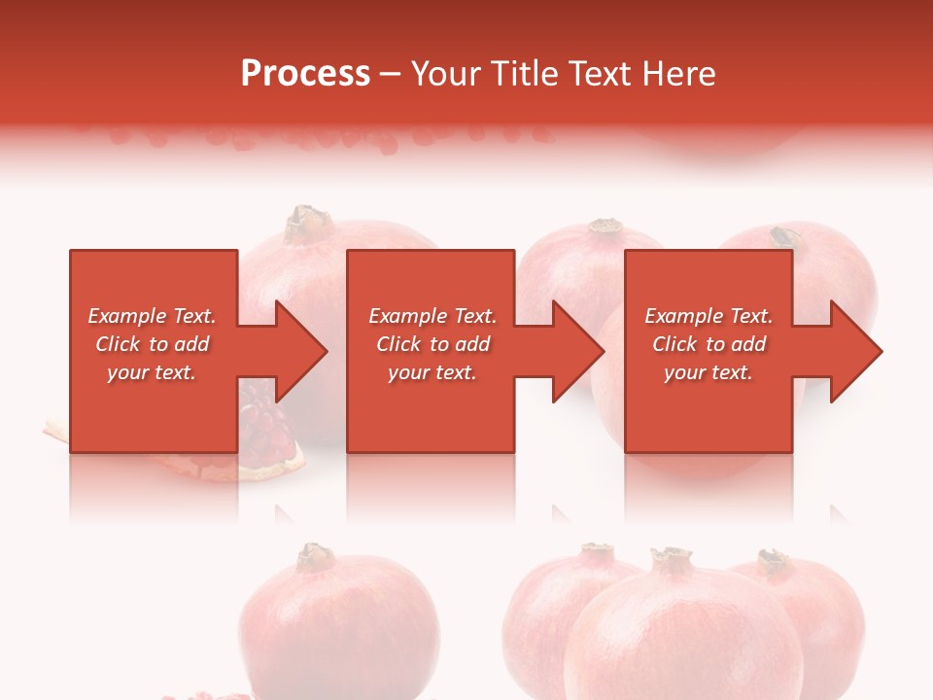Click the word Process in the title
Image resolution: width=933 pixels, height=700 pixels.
[305, 74]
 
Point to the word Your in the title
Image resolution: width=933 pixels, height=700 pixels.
[444, 74]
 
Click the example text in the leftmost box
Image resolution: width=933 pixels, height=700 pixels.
[153, 344]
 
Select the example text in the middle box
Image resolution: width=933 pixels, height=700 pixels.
[432, 344]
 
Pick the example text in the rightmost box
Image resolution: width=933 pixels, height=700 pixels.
[708, 344]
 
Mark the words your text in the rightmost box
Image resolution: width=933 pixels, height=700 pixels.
[708, 372]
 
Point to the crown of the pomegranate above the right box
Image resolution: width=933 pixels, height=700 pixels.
[784, 237]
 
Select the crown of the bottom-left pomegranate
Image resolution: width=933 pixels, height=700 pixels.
[314, 556]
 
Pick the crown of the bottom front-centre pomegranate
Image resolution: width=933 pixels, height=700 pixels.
[671, 560]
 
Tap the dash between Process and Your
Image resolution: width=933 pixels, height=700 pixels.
[390, 74]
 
